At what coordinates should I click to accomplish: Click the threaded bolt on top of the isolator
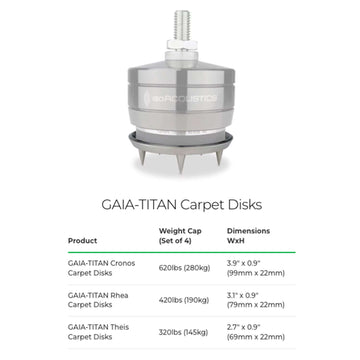[181, 25]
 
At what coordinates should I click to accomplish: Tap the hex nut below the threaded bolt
[181, 45]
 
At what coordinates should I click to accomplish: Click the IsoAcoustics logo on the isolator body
[181, 98]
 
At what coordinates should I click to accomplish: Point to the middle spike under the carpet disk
[181, 163]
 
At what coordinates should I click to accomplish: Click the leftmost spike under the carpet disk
[142, 157]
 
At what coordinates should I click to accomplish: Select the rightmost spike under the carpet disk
[219, 157]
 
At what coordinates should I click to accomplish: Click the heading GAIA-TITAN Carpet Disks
[182, 205]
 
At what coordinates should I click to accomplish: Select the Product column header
[82, 241]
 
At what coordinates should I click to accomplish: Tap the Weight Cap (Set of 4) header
[180, 236]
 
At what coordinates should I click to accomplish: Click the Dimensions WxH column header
[248, 236]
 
